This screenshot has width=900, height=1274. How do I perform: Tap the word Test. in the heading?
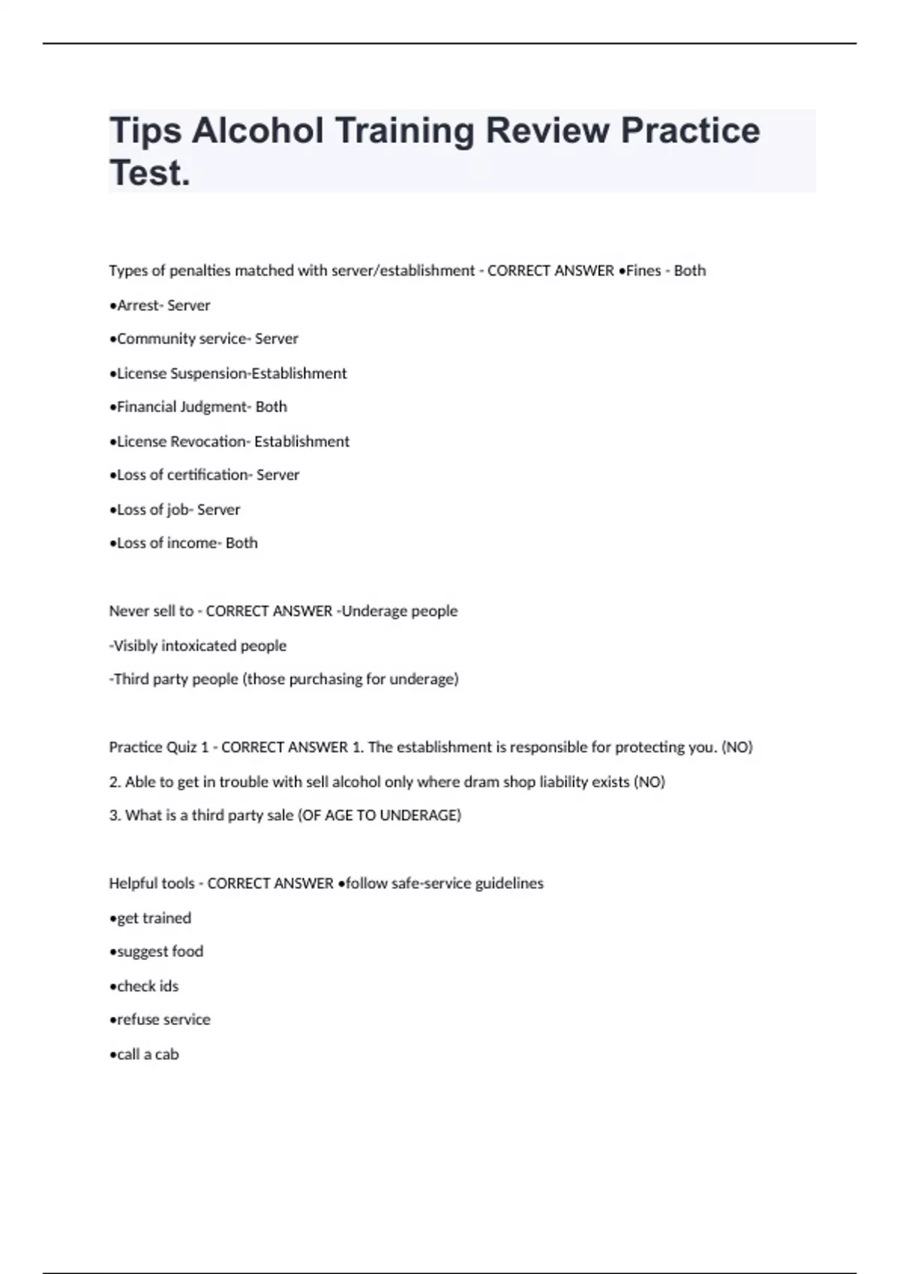pyautogui.click(x=150, y=173)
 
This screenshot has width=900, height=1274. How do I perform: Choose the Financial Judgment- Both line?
pyautogui.click(x=198, y=407)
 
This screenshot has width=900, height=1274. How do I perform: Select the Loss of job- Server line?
pyautogui.click(x=175, y=510)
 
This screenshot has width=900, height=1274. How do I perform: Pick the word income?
pyautogui.click(x=191, y=543)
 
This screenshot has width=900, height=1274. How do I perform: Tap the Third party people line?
pyautogui.click(x=284, y=680)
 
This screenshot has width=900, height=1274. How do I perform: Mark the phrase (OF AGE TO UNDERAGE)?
pyautogui.click(x=379, y=815)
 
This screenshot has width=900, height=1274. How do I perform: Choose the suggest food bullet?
pyautogui.click(x=157, y=952)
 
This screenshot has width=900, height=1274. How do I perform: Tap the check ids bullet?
pyautogui.click(x=144, y=986)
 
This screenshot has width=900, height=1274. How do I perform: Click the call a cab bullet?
pyautogui.click(x=144, y=1054)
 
